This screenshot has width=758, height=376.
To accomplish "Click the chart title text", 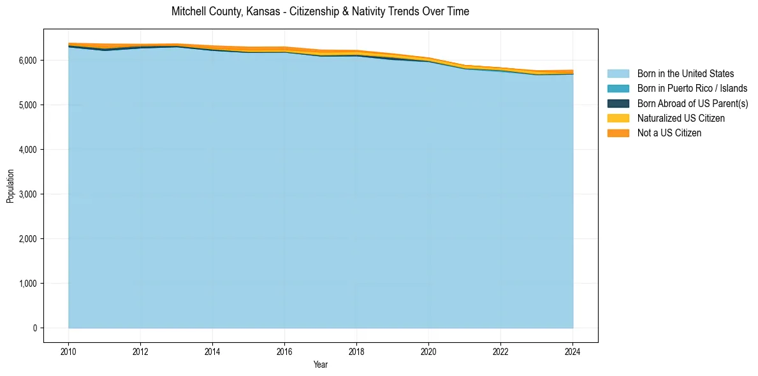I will tap(320, 11).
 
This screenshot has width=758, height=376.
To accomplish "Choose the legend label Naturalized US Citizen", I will tap(681, 118).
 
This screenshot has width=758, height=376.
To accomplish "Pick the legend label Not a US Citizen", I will tap(669, 133).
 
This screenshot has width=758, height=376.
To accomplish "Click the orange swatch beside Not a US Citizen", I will tap(618, 133).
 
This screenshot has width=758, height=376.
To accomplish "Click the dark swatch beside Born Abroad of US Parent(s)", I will tap(618, 103).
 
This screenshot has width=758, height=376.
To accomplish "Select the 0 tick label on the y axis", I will tap(35, 328).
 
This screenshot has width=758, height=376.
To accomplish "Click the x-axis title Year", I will tap(321, 365).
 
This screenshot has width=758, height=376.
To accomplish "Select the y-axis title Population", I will tap(10, 186).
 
